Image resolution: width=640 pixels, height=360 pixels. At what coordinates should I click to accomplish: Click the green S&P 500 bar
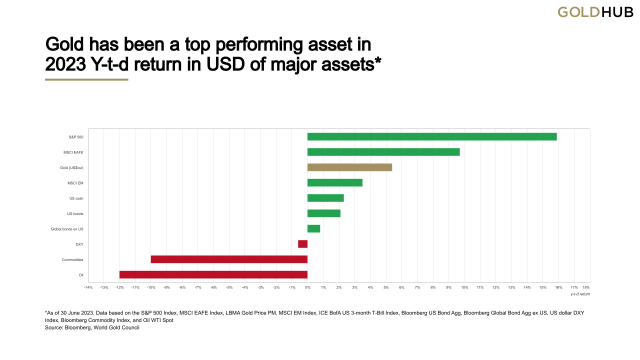[x=431, y=136]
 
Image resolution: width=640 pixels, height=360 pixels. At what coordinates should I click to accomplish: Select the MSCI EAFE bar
[x=383, y=152]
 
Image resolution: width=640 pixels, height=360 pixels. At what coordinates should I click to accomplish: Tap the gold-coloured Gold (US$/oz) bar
[x=349, y=167]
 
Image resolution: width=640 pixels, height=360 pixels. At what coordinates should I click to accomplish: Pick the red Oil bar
[x=213, y=274]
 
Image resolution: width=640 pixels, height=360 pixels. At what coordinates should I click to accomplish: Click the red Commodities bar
[x=229, y=259]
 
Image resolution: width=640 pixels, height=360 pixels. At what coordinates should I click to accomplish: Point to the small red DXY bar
[x=302, y=244]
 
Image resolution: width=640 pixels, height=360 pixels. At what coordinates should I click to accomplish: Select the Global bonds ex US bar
[x=313, y=228]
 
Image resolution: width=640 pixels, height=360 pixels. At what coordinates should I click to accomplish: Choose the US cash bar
[x=325, y=198]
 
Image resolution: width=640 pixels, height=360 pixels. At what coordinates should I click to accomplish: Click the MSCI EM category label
[x=75, y=183]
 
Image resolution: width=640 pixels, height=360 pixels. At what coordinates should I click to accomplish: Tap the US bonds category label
[x=75, y=213]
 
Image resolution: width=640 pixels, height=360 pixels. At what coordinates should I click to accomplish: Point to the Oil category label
[x=80, y=274]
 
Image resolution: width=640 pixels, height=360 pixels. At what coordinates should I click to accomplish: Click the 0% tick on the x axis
[x=307, y=287]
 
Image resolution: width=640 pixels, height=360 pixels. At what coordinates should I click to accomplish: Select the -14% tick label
[x=88, y=287]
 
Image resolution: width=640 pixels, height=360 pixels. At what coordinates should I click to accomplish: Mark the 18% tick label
[x=586, y=287]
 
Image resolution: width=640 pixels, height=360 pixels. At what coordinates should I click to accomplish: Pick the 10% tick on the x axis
[x=464, y=287]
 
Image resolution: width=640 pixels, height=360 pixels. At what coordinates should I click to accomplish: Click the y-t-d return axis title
[x=580, y=294]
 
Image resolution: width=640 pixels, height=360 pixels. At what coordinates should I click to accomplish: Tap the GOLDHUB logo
[x=595, y=12]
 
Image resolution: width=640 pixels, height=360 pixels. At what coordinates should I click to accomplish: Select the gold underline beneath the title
[x=86, y=79]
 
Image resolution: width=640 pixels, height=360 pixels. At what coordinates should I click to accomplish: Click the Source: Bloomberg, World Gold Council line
[x=91, y=327]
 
